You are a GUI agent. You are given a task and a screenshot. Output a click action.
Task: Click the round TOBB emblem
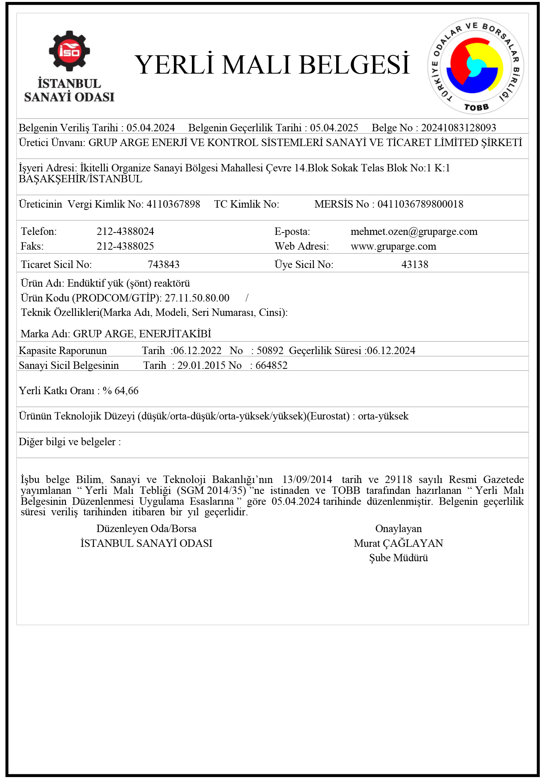tap(475, 66)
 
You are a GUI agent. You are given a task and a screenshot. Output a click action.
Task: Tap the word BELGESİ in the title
tap(355, 65)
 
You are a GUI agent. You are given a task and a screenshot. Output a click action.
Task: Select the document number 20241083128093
tap(458, 128)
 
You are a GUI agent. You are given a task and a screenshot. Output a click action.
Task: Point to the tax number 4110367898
tap(173, 204)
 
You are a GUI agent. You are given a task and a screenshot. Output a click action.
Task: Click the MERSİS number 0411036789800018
tap(420, 204)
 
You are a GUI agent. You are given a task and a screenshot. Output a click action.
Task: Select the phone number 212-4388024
tap(125, 231)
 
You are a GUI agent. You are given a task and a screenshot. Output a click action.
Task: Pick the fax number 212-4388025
tap(125, 246)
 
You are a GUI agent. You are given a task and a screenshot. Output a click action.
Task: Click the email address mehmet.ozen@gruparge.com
tap(414, 231)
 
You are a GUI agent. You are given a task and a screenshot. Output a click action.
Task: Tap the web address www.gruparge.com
tap(393, 246)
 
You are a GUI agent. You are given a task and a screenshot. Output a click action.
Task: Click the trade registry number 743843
tap(163, 264)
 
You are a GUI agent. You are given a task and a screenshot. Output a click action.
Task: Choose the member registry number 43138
tap(415, 264)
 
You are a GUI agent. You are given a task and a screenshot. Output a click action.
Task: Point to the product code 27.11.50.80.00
tap(197, 298)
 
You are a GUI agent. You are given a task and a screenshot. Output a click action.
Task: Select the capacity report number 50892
tap(270, 351)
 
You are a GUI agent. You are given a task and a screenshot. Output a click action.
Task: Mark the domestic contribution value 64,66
tap(126, 391)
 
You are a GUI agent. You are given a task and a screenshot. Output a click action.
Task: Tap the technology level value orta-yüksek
tap(383, 416)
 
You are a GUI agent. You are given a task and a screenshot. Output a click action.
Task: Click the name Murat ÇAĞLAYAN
tap(398, 543)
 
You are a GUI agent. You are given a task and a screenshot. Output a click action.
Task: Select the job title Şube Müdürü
tap(398, 558)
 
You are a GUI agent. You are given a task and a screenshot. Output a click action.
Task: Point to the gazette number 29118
tap(398, 479)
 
